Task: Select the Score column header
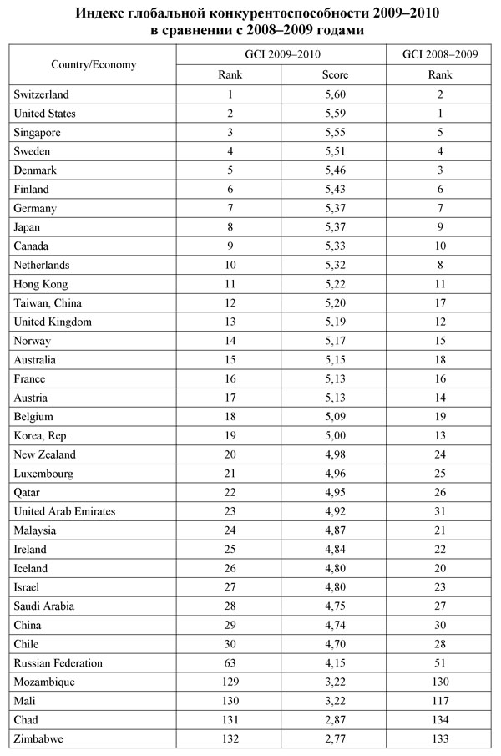pyautogui.click(x=335, y=76)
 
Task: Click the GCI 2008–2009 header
pyautogui.click(x=440, y=54)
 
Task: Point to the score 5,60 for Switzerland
pyautogui.click(x=335, y=95)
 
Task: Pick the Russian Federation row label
pyautogui.click(x=58, y=663)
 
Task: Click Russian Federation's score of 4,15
pyautogui.click(x=335, y=663)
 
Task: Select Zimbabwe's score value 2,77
pyautogui.click(x=335, y=739)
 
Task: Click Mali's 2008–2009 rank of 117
pyautogui.click(x=440, y=702)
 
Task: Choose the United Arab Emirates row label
pyautogui.click(x=65, y=511)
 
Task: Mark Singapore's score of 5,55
pyautogui.click(x=335, y=133)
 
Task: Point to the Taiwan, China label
pyautogui.click(x=48, y=303)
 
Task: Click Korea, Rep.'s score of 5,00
pyautogui.click(x=335, y=436)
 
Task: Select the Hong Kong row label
pyautogui.click(x=40, y=284)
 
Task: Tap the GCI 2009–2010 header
pyautogui.click(x=281, y=54)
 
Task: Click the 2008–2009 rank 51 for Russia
pyautogui.click(x=440, y=663)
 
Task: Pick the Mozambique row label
pyautogui.click(x=45, y=682)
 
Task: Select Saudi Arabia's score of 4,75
pyautogui.click(x=335, y=606)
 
